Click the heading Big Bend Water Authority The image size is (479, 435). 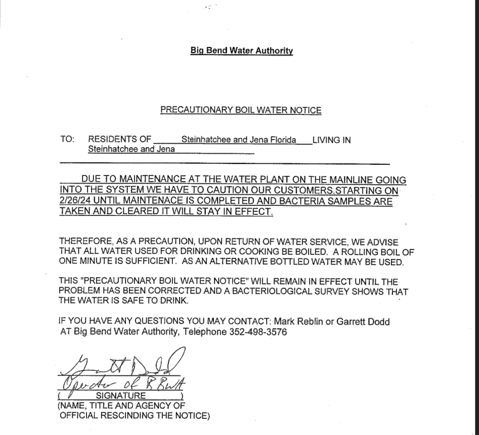click(x=241, y=51)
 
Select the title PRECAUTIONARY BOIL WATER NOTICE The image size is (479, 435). click(x=241, y=110)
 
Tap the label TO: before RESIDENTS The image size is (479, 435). click(x=67, y=140)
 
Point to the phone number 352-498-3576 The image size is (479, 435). click(x=257, y=332)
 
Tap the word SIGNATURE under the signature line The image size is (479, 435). click(x=121, y=396)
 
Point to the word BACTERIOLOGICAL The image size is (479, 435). click(x=260, y=291)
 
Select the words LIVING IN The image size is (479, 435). click(x=331, y=140)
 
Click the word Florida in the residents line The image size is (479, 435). click(x=281, y=140)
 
